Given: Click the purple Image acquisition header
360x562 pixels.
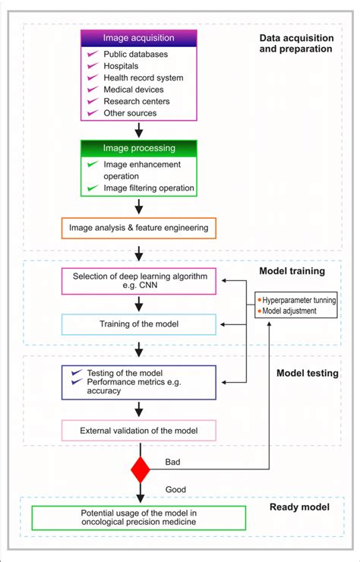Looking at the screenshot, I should click(x=138, y=38).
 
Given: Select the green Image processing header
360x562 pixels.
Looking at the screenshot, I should click(x=138, y=148).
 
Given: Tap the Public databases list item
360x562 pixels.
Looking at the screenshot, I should click(x=135, y=54).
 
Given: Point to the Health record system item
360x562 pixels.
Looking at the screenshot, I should click(x=143, y=77).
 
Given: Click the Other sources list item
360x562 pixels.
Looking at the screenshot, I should click(x=130, y=113).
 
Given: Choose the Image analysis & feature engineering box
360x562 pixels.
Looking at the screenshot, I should click(x=138, y=227).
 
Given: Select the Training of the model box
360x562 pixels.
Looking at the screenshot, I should click(x=138, y=324).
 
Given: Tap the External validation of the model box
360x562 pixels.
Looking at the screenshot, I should click(x=138, y=431).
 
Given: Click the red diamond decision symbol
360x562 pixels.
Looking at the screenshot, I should click(x=140, y=470).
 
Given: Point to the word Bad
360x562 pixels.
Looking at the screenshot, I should click(x=173, y=462).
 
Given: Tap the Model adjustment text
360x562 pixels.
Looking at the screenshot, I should click(x=291, y=311).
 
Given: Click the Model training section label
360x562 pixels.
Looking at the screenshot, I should click(x=292, y=270).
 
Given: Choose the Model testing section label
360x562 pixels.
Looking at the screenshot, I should click(x=306, y=373).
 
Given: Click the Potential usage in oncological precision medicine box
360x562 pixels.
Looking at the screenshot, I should click(x=138, y=518).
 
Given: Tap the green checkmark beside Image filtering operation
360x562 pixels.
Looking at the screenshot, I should click(x=92, y=188).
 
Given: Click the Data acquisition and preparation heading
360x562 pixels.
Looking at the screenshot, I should click(x=295, y=43).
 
